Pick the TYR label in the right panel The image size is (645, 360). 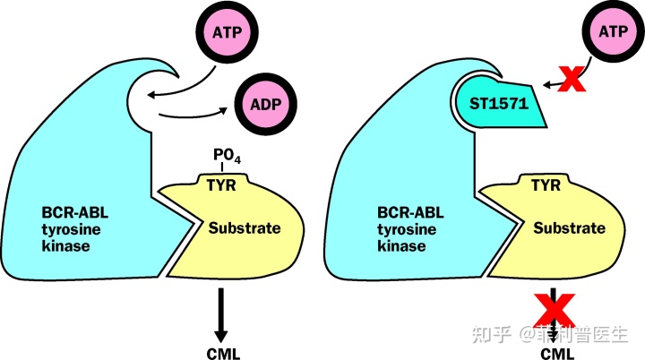(x=546, y=185)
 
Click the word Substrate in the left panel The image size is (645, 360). (x=245, y=227)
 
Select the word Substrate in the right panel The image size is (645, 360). (x=569, y=227)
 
